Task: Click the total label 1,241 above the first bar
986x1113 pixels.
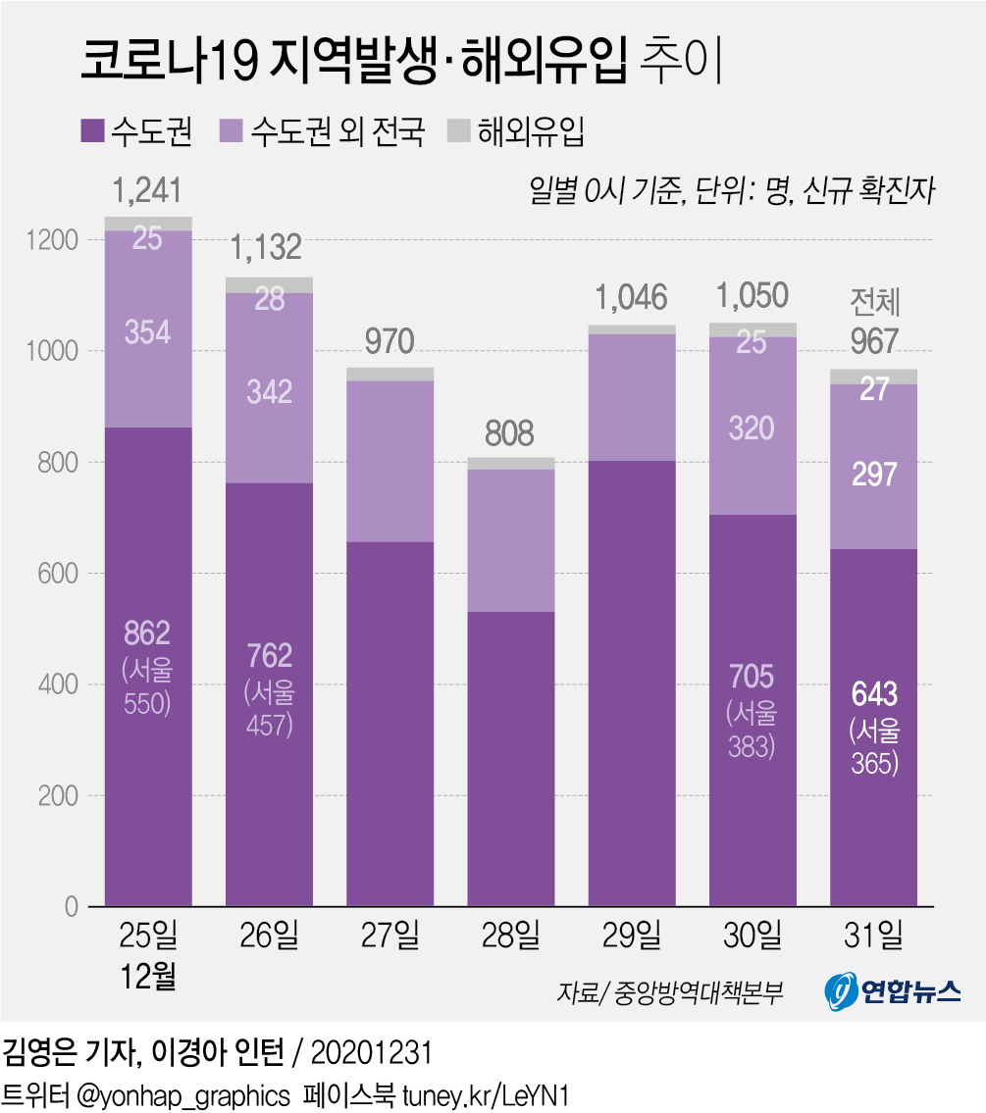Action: pyautogui.click(x=147, y=190)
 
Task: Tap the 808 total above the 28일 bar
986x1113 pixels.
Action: pyautogui.click(x=509, y=432)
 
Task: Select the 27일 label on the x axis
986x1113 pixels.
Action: pyautogui.click(x=389, y=936)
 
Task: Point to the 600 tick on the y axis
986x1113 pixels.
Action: pyautogui.click(x=59, y=574)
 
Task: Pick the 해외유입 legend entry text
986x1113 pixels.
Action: pyautogui.click(x=531, y=130)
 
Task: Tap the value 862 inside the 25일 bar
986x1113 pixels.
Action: pyautogui.click(x=147, y=632)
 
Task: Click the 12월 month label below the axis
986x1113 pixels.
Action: pyautogui.click(x=147, y=978)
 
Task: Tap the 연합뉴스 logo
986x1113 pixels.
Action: pyautogui.click(x=891, y=993)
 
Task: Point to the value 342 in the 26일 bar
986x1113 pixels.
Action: pyautogui.click(x=269, y=392)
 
